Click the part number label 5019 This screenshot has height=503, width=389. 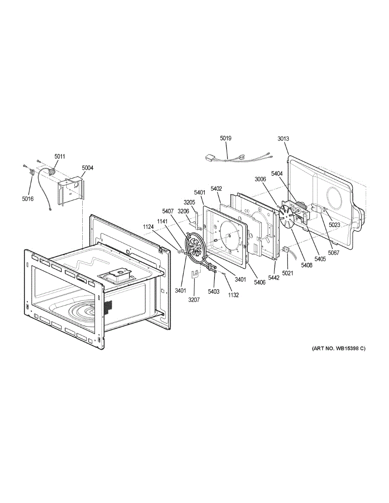226,138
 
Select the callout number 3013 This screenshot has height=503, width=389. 283,139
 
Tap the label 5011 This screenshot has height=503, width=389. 60,156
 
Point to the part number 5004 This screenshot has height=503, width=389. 88,168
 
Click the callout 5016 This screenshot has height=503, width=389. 28,199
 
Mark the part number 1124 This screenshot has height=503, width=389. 148,227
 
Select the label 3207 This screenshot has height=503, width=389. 194,300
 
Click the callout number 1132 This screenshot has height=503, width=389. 233,295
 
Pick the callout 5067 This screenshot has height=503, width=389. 334,253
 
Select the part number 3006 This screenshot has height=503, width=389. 260,179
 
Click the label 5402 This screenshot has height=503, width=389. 216,189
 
